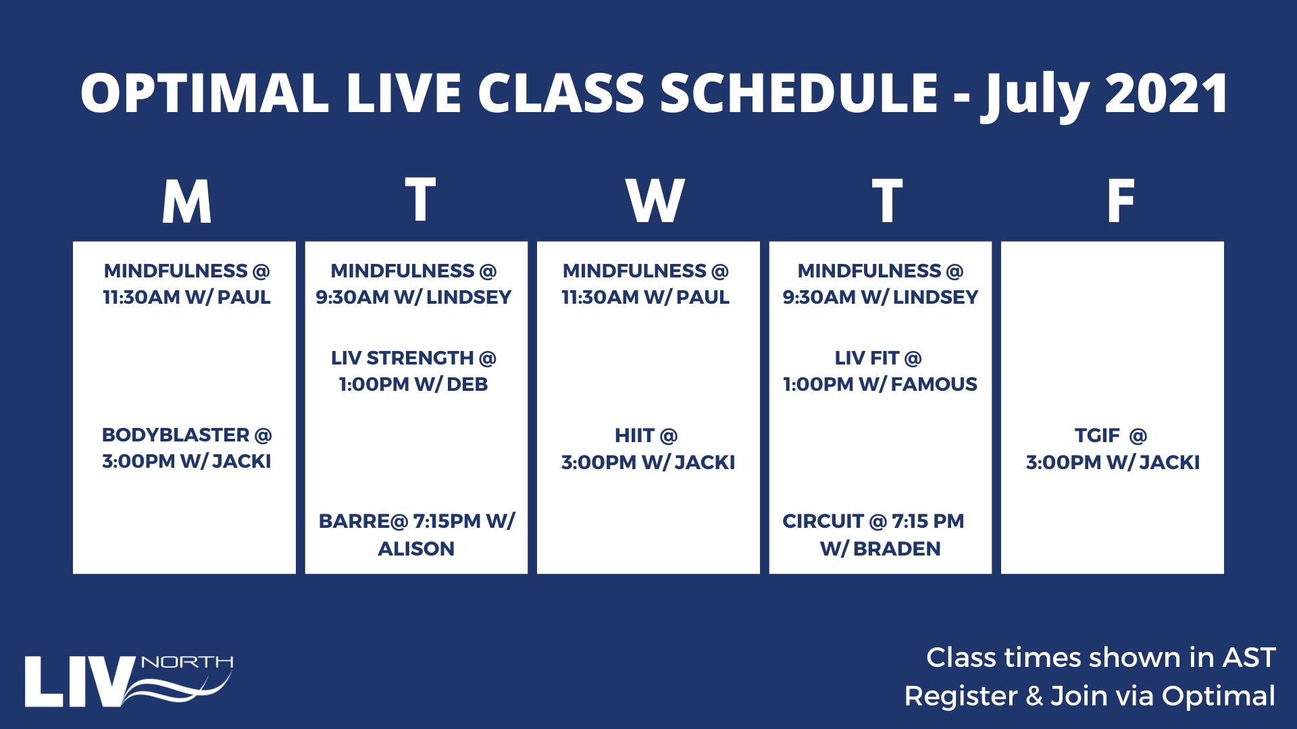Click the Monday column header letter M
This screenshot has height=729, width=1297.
186,201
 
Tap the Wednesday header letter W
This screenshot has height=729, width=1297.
655,200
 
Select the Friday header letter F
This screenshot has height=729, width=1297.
1121,200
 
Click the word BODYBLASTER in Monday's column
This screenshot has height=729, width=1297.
176,435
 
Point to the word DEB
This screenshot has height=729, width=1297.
467,384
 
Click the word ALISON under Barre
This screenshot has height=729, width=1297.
416,549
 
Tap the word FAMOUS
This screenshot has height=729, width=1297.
934,384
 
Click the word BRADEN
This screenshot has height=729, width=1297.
896,549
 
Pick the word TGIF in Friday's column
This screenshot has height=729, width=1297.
1097,435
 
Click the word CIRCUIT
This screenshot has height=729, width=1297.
823,521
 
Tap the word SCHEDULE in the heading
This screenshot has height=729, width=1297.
799,92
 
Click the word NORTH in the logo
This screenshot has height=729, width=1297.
187,662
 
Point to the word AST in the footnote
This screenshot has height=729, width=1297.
1249,657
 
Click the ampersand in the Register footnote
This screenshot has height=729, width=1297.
1034,696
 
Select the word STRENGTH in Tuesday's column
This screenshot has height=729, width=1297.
419,358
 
